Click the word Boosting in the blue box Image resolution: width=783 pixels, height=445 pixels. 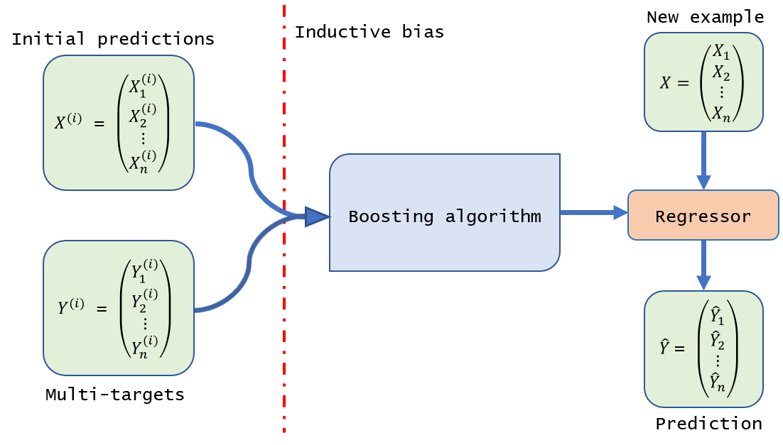click(391, 216)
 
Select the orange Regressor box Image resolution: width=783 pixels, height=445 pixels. click(703, 216)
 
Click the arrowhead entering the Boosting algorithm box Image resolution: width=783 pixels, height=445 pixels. click(316, 216)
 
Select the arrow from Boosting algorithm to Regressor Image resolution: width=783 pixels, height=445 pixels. click(593, 212)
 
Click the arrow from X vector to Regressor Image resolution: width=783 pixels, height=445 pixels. click(703, 160)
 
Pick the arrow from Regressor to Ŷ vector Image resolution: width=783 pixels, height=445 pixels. click(703, 265)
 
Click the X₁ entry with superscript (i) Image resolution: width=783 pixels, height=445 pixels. click(142, 85)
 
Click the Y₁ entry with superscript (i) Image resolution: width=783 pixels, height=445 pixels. click(144, 271)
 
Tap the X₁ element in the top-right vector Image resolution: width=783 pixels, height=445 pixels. click(721, 52)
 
